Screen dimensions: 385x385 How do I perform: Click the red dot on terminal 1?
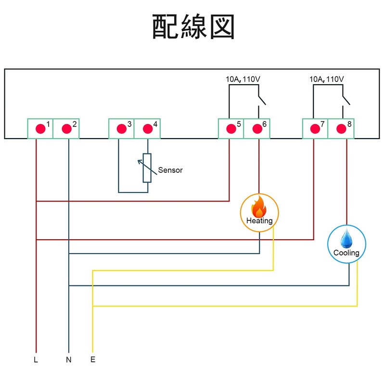pos(40,128)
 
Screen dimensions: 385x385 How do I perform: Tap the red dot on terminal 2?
pos(66,128)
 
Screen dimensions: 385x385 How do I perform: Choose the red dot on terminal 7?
pos(315,128)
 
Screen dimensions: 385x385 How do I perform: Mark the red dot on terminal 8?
pos(341,128)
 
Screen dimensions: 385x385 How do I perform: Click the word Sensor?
pos(170,170)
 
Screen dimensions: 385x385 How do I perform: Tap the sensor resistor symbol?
pos(147,168)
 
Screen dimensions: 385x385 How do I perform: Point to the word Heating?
pos(259,221)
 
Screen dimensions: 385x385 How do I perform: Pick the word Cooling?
pos(346,253)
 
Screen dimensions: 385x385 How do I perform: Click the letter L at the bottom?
pos(36,359)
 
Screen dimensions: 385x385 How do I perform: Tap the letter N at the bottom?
pos(68,359)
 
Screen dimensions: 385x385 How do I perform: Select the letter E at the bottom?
pos(92,359)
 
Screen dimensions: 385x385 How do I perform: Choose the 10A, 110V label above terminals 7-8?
pos(327,79)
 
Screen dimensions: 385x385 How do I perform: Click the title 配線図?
pos(193,27)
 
